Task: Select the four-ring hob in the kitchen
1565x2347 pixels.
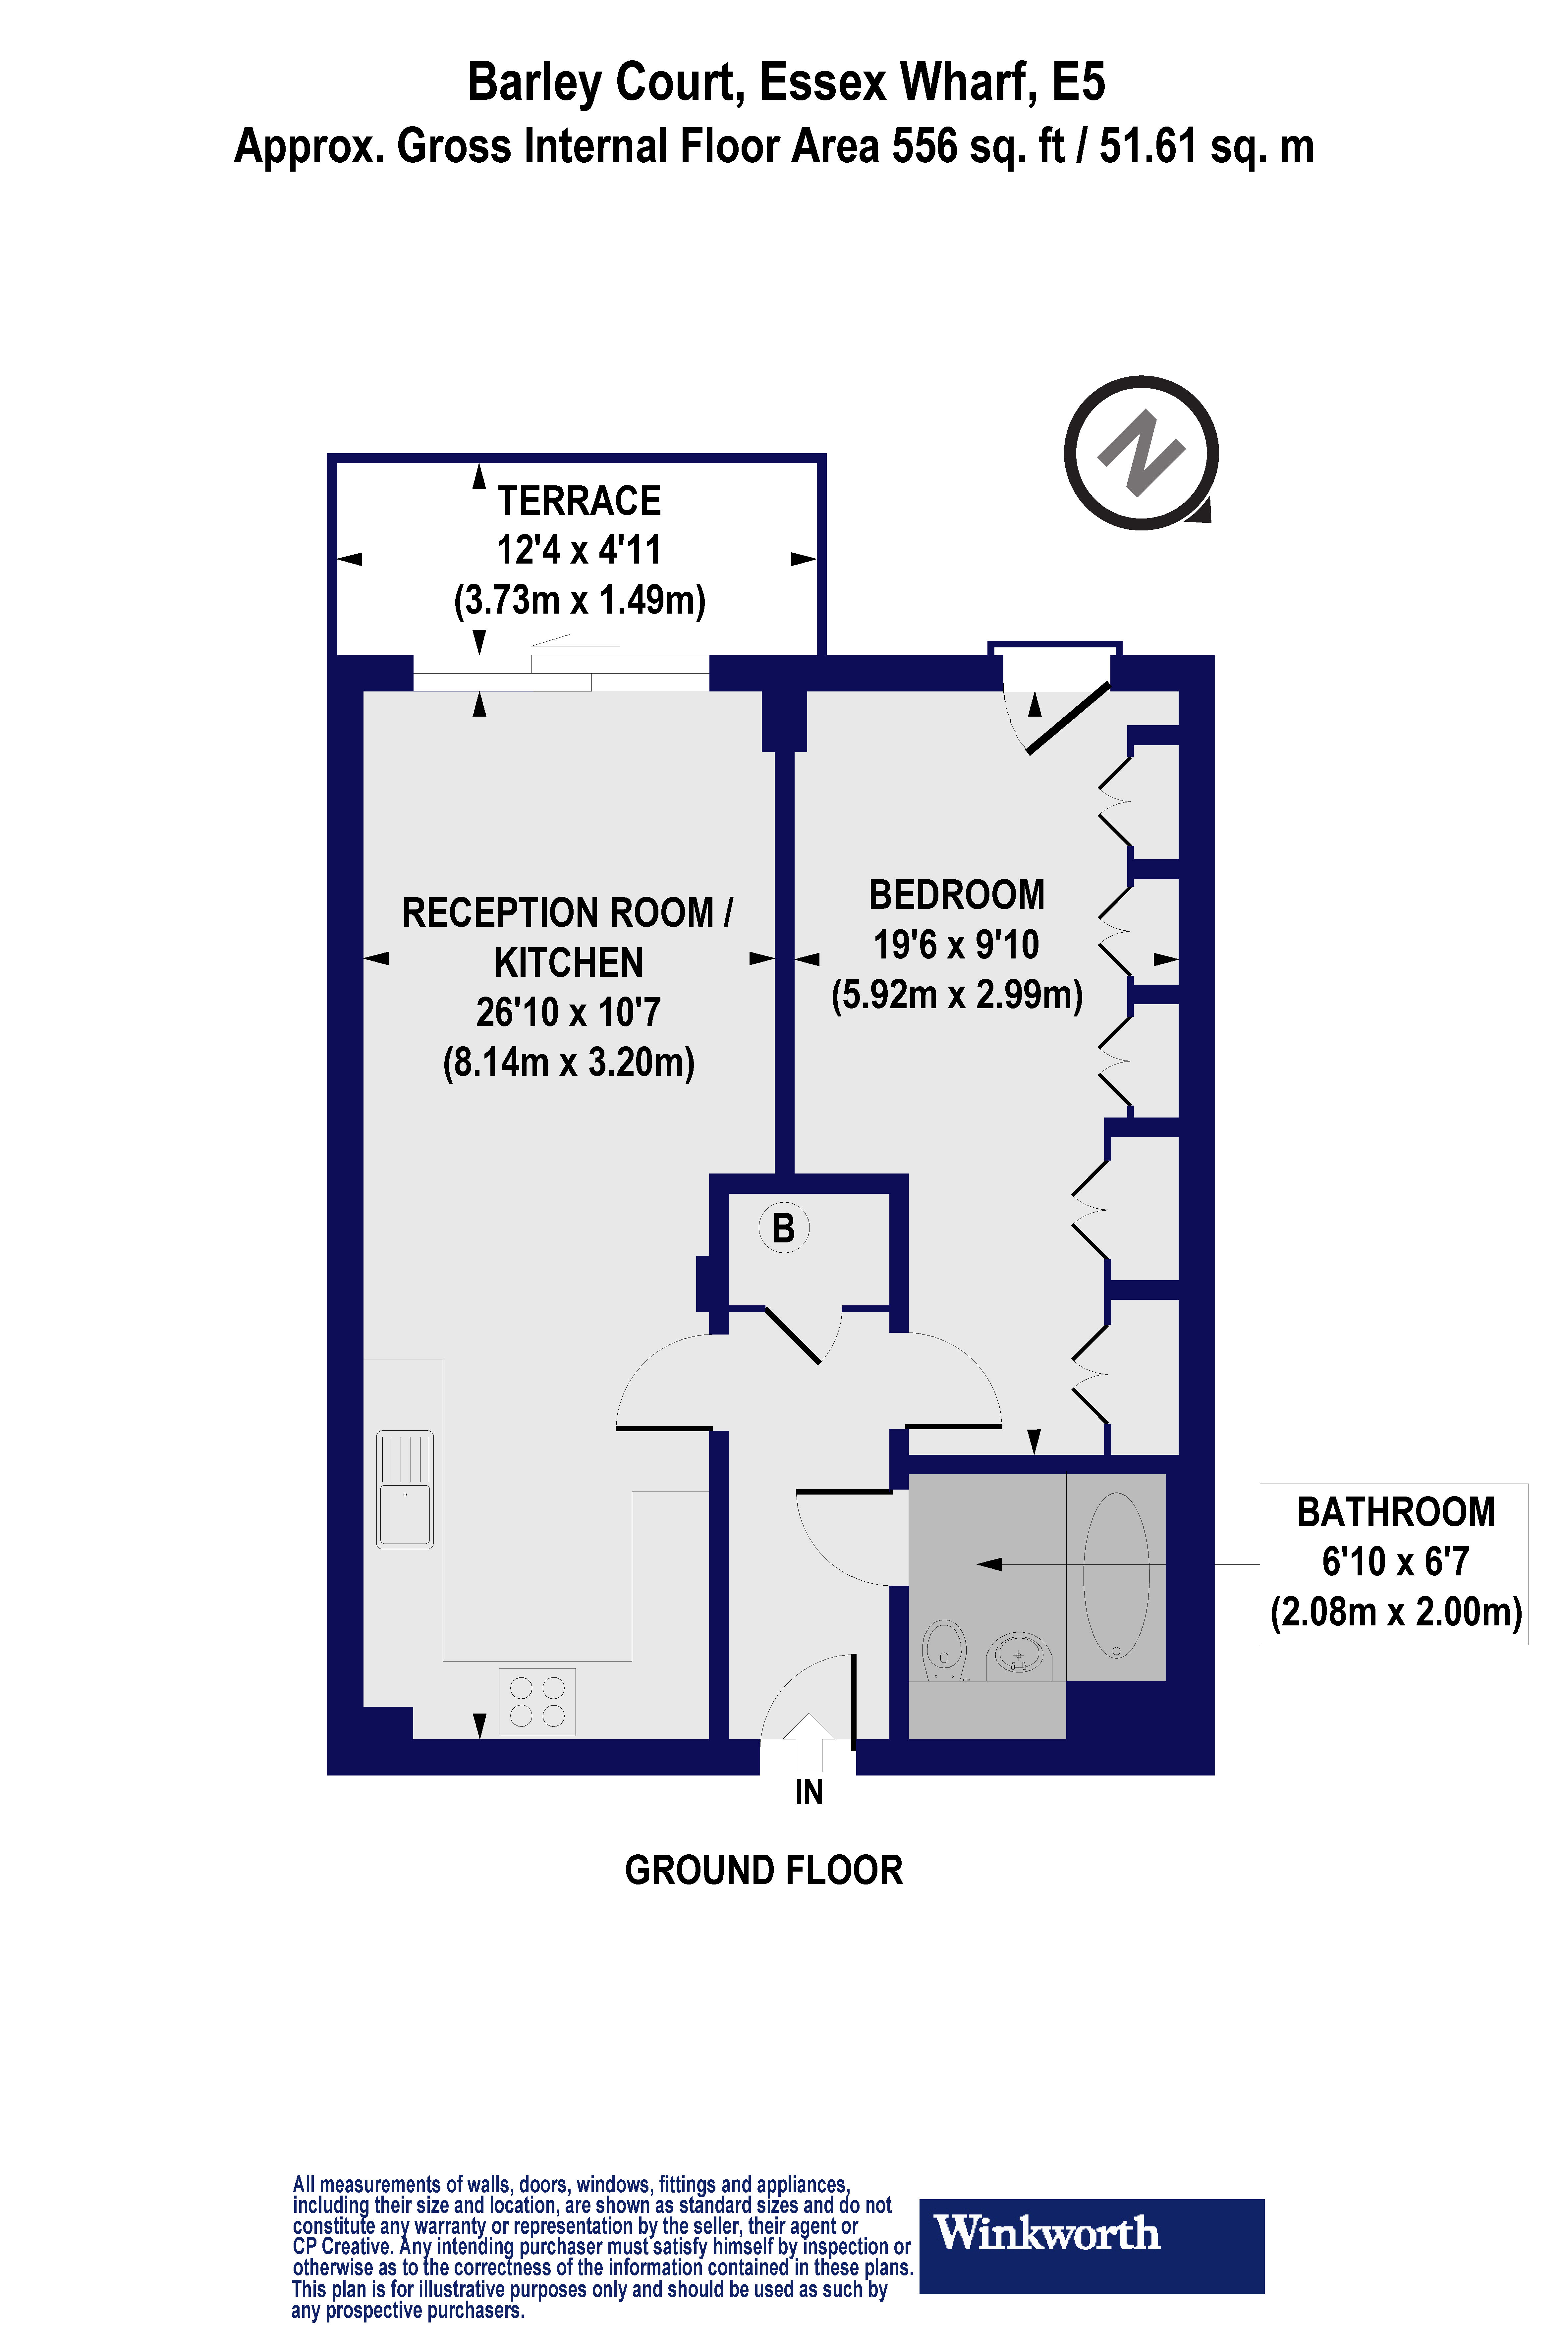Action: (537, 1701)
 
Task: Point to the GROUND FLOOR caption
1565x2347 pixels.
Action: (763, 1870)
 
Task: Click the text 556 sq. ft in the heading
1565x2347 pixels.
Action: (978, 147)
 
